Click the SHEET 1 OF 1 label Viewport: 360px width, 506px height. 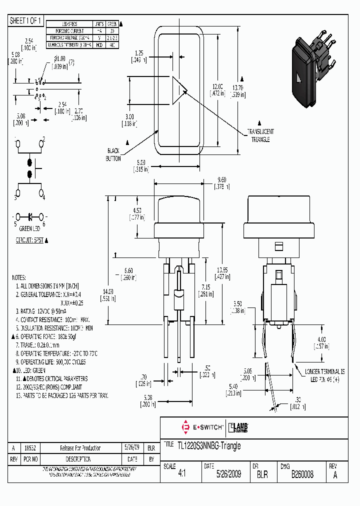click(26, 20)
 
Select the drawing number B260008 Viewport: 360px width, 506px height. click(302, 474)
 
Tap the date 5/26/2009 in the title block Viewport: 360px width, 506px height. click(222, 474)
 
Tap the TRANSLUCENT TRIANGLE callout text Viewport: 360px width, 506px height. click(259, 135)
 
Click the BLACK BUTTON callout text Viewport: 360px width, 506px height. click(113, 154)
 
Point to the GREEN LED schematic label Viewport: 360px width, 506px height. click(29, 229)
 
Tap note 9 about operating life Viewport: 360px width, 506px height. click(50, 362)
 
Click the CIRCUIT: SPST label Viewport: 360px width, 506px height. click(31, 240)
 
